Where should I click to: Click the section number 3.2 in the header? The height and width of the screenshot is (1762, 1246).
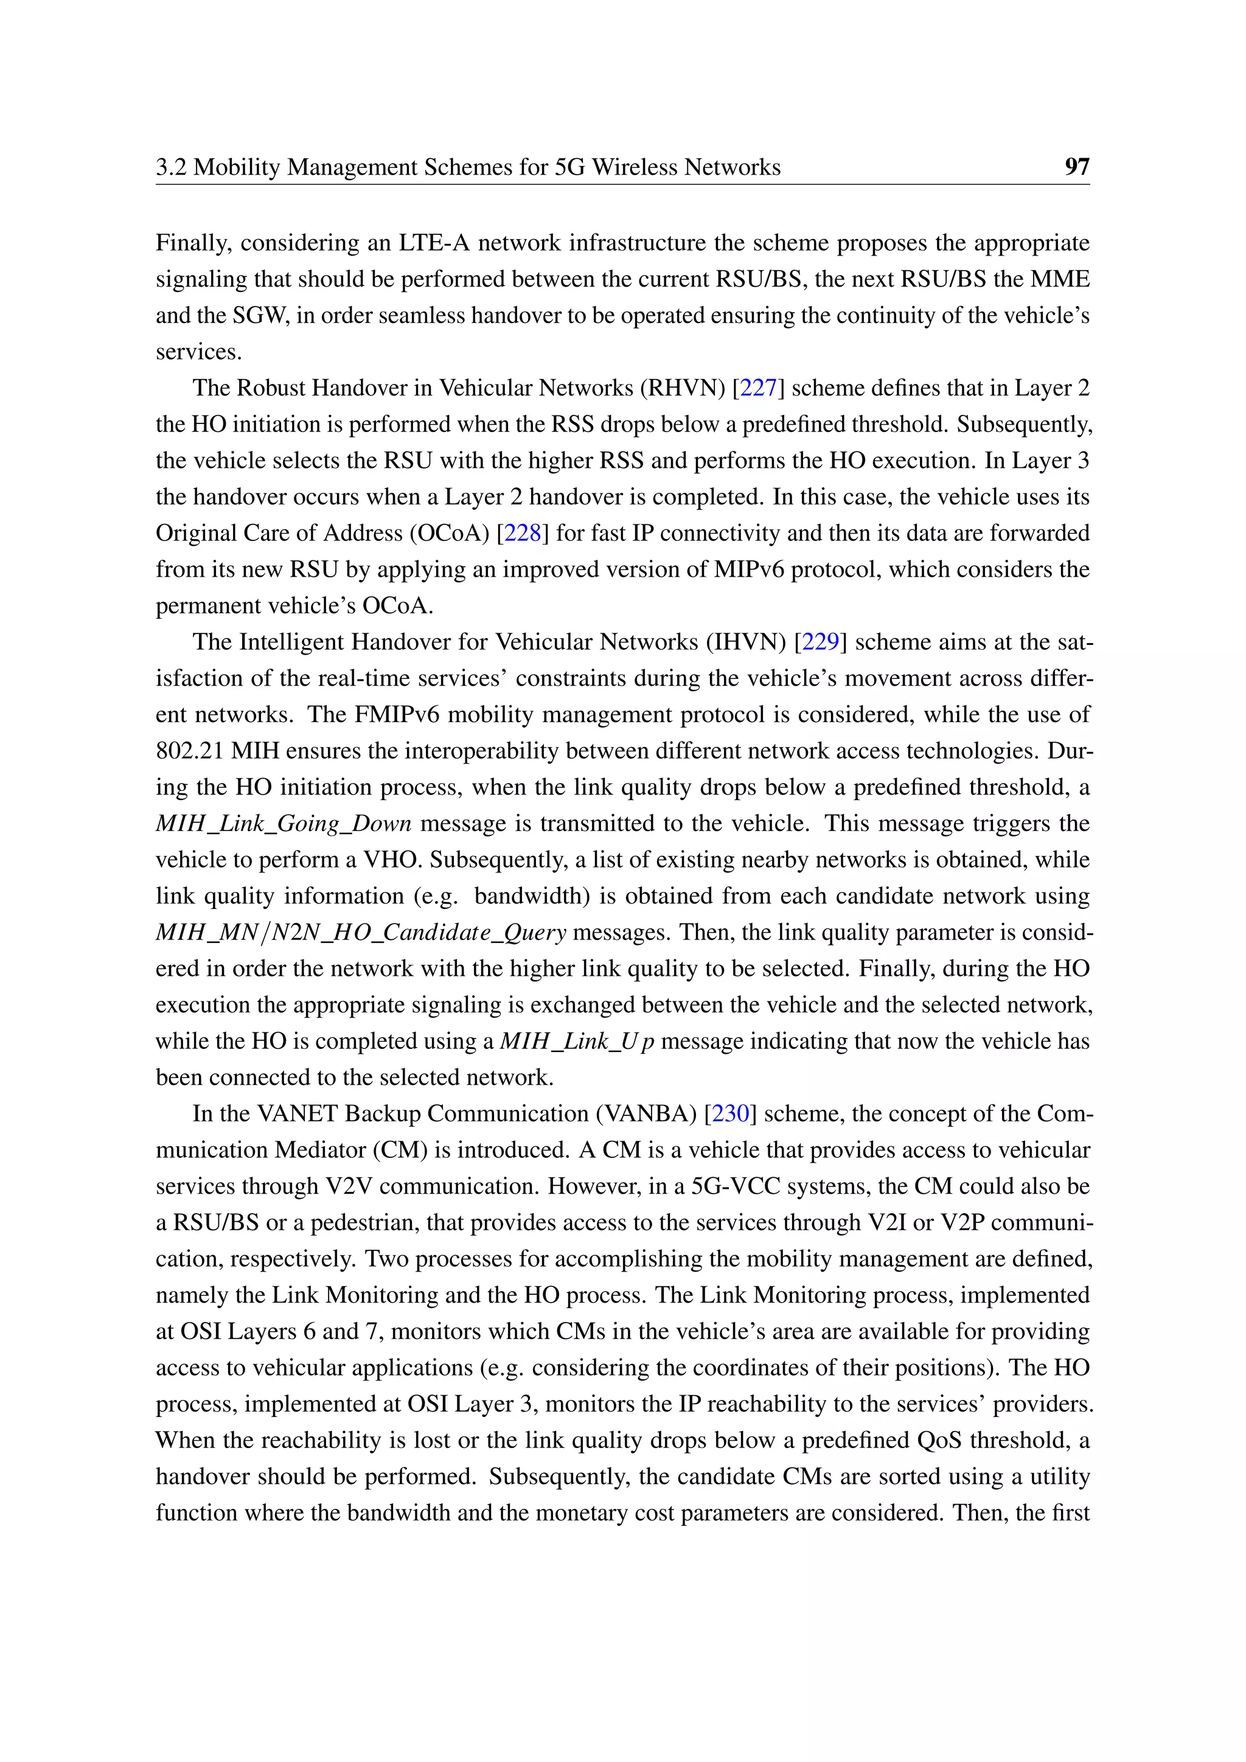171,167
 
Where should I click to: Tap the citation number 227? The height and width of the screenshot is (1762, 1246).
758,388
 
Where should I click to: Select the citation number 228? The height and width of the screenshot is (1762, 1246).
523,532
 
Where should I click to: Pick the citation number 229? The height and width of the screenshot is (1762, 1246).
820,641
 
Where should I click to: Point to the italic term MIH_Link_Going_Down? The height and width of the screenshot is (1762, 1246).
283,823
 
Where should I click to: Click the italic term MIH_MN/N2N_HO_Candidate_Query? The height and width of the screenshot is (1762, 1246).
361,933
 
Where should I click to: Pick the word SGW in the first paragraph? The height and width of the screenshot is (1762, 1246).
261,315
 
